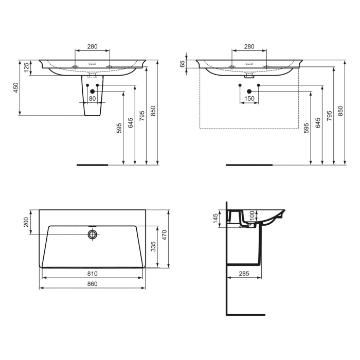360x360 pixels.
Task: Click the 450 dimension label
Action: click(16, 88)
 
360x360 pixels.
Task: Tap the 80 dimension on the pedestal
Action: click(93, 98)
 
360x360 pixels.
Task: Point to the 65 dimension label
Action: click(183, 64)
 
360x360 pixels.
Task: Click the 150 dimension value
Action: click(249, 98)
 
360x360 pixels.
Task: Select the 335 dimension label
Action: click(153, 247)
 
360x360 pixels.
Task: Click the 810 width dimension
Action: click(93, 274)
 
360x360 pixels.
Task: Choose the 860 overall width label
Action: click(93, 283)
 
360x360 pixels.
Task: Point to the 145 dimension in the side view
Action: click(216, 219)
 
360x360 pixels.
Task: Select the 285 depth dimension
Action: click(244, 274)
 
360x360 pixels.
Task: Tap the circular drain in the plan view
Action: click(93, 235)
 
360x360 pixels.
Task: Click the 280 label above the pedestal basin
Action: click(93, 47)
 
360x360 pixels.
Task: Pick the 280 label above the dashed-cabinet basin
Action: click(249, 47)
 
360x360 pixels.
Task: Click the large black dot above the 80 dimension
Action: click(93, 91)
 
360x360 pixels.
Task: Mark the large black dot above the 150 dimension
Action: click(249, 91)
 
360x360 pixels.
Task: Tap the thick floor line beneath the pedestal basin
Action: click(93, 165)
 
